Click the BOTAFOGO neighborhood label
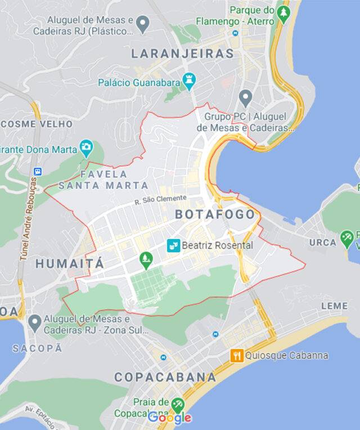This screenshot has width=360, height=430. pyautogui.click(x=215, y=214)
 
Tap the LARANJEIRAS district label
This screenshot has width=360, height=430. pyautogui.click(x=182, y=54)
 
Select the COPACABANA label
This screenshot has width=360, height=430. pyautogui.click(x=165, y=377)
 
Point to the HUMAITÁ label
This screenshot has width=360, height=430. pyautogui.click(x=70, y=263)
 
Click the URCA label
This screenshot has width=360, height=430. pyautogui.click(x=322, y=243)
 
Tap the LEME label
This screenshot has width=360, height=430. pyautogui.click(x=334, y=306)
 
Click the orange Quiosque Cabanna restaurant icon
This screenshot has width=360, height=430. pyautogui.click(x=237, y=356)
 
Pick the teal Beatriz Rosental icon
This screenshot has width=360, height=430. pyautogui.click(x=173, y=245)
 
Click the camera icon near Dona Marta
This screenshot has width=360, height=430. pyautogui.click(x=86, y=147)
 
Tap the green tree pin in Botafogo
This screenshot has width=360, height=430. pyautogui.click(x=146, y=259)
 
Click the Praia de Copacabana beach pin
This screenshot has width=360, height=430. pyautogui.click(x=178, y=404)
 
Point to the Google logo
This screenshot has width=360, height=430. pyautogui.click(x=169, y=418)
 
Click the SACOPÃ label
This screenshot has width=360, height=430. pyautogui.click(x=38, y=348)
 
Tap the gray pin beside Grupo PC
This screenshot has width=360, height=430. pyautogui.click(x=245, y=97)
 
